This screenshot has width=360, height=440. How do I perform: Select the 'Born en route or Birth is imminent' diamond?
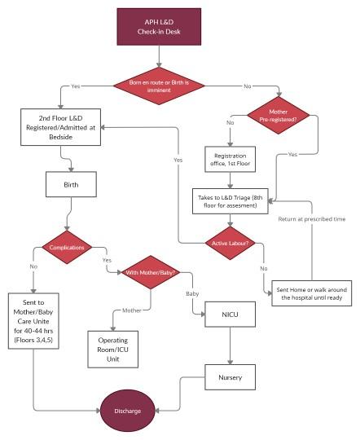160,85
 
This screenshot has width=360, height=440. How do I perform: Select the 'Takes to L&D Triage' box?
230,201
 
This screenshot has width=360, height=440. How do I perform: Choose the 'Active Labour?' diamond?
230,243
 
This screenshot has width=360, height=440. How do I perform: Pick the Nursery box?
230,377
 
